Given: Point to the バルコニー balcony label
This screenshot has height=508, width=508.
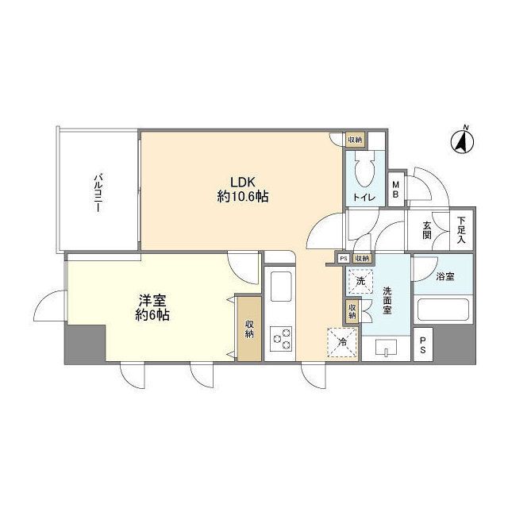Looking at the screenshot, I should coord(97,190).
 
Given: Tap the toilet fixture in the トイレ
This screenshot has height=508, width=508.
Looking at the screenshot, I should coord(366,171).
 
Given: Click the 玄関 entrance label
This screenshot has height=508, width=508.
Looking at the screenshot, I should coord(427,231).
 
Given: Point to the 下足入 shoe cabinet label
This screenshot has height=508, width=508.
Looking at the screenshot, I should coord(461,231).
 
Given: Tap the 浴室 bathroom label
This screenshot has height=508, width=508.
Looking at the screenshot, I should coord(445,276).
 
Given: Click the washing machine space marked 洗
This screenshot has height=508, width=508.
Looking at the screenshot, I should coord(360,280).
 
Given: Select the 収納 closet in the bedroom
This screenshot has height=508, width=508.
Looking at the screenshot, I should coord(248,327).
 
